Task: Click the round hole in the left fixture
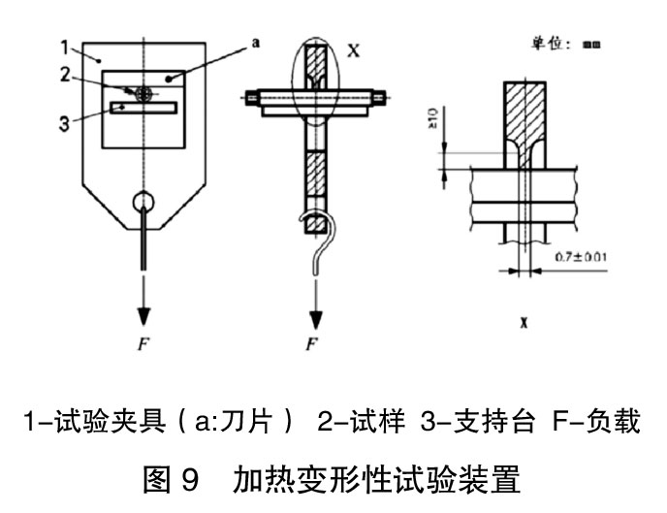(x=143, y=204)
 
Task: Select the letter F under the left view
(x=143, y=341)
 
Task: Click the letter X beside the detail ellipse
(x=353, y=50)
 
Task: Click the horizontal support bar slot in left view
(x=143, y=107)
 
